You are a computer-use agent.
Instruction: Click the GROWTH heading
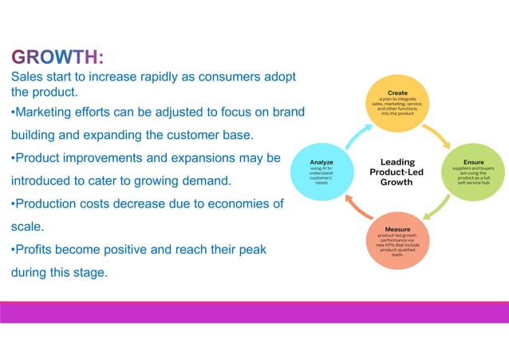(57, 57)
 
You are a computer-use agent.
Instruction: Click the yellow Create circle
(397, 105)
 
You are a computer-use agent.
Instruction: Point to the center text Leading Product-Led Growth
(397, 172)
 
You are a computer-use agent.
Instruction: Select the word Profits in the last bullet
(38, 250)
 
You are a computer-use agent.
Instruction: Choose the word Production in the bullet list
(53, 204)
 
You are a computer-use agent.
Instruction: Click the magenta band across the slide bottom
(254, 312)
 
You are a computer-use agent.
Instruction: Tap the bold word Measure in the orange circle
(397, 229)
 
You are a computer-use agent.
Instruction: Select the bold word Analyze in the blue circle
(321, 162)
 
